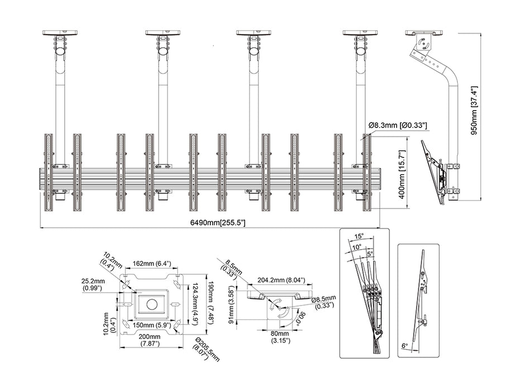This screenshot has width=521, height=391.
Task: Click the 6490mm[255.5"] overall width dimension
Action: [x=210, y=223]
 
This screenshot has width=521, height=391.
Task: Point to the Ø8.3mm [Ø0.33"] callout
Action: [x=398, y=126]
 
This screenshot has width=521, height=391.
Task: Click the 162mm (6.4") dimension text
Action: [x=152, y=264]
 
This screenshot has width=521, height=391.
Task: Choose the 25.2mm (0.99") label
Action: [x=93, y=285]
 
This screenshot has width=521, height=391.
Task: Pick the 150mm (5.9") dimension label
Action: [x=152, y=324]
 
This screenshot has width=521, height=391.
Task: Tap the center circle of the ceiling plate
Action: [x=151, y=304]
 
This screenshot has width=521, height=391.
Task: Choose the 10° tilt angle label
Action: [x=356, y=246]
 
